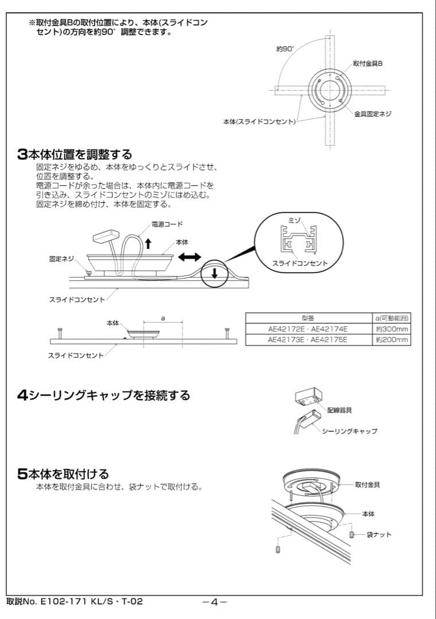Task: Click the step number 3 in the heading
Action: [22, 154]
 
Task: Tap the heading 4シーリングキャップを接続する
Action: [103, 395]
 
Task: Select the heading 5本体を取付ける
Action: [63, 474]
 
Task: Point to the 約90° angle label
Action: [285, 49]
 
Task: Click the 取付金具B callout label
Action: [368, 64]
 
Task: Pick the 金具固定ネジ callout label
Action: [372, 114]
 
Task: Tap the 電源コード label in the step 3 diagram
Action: [167, 224]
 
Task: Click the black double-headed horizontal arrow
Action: [189, 258]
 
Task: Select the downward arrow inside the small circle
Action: [214, 273]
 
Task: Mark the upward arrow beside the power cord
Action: [148, 243]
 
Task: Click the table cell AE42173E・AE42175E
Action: [307, 340]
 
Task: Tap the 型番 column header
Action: [307, 318]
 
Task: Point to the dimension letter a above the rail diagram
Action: [163, 316]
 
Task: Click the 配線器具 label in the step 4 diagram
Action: [340, 410]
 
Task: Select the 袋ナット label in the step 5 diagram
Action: [379, 535]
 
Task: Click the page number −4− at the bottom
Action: [215, 602]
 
